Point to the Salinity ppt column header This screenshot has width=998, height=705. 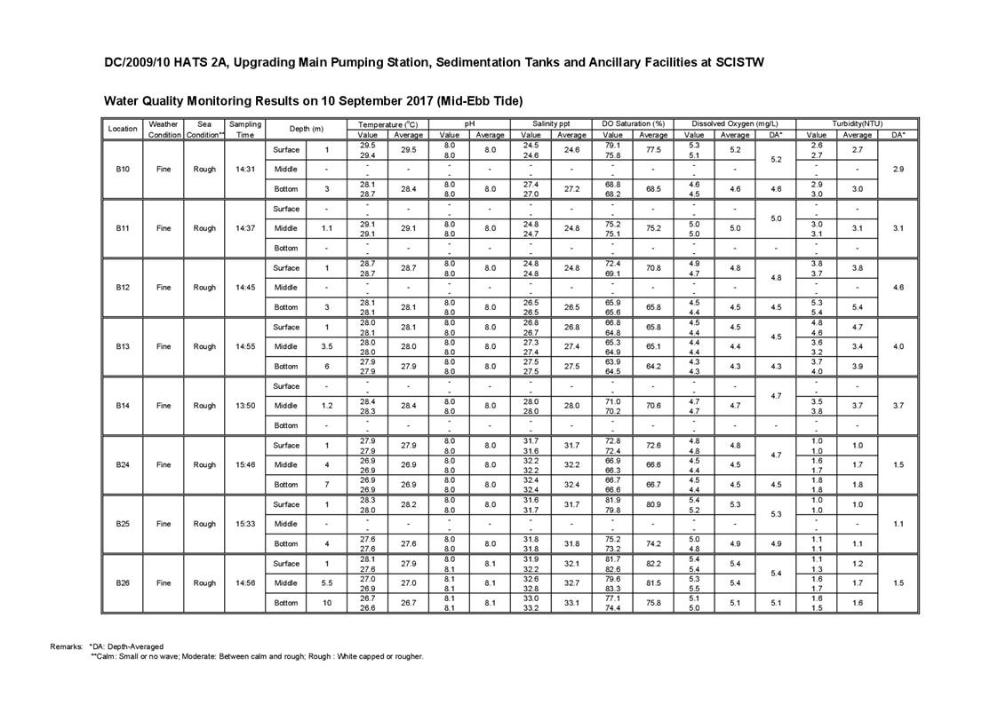[x=551, y=123]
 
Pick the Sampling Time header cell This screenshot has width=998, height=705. [x=244, y=129]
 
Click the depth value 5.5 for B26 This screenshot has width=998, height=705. [x=327, y=583]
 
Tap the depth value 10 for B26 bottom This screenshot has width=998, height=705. [x=327, y=603]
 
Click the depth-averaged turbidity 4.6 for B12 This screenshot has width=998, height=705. [x=898, y=288]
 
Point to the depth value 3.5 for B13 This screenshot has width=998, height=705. [x=327, y=346]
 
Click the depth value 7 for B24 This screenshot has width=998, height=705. [x=327, y=485]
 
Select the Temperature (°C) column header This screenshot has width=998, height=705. [x=388, y=123]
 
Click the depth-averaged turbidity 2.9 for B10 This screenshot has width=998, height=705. [x=898, y=169]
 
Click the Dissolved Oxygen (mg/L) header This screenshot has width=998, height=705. [x=733, y=123]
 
